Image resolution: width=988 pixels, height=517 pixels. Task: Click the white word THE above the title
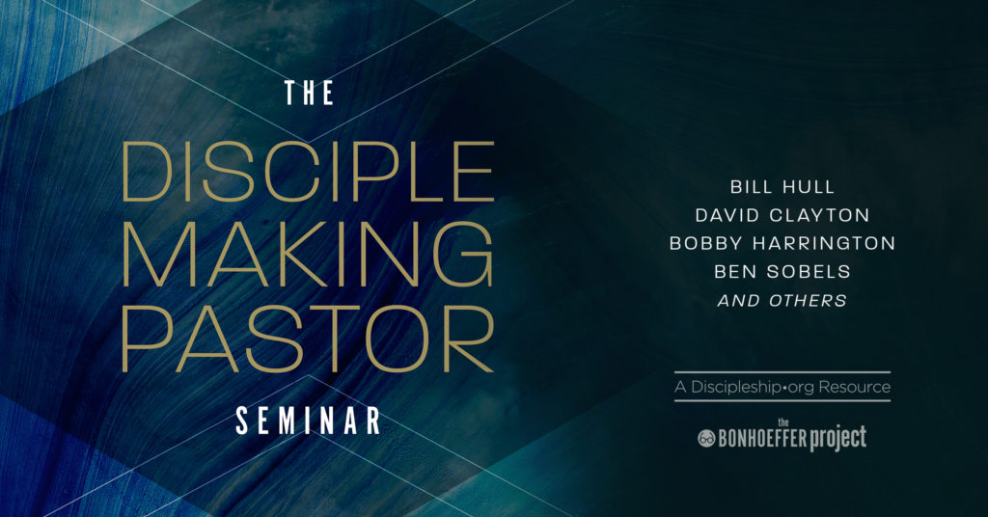(x=310, y=94)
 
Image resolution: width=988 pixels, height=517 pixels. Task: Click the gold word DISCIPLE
(x=308, y=174)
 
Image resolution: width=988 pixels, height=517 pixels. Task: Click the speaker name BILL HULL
(x=782, y=185)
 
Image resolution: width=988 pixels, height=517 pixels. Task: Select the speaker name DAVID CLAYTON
(x=782, y=214)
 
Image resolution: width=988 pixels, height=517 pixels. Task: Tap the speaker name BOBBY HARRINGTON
(x=782, y=243)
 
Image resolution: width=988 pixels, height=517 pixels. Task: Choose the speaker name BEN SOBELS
(x=782, y=272)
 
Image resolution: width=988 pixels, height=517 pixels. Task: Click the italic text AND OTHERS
(x=782, y=301)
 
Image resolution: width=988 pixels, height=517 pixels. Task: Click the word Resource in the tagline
(x=855, y=388)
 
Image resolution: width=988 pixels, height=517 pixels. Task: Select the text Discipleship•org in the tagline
(x=754, y=388)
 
